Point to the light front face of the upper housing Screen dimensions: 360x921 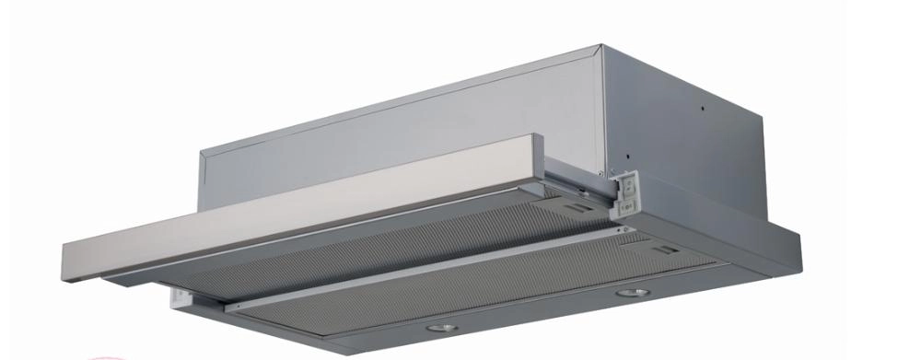click(x=396, y=120)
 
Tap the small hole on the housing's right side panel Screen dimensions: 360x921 click(x=703, y=108)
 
